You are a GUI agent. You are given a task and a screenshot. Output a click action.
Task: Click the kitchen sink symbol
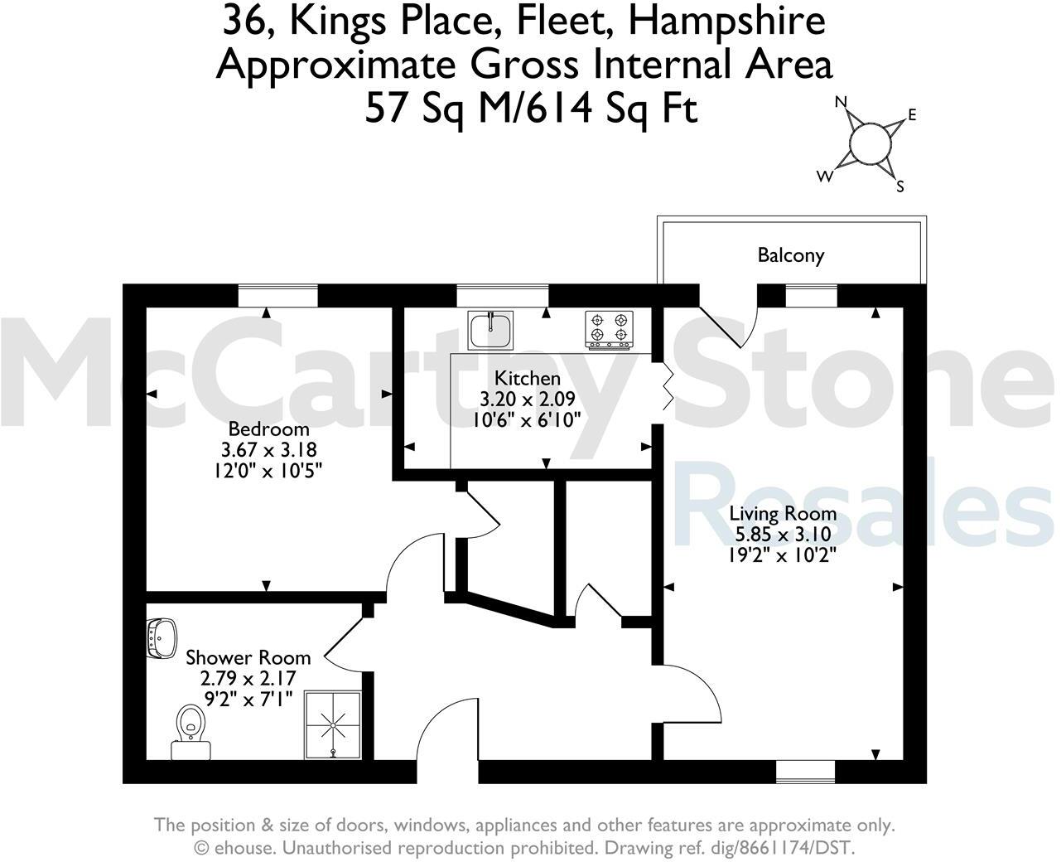click(490, 329)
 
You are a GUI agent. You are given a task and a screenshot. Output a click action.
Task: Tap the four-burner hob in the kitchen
click(610, 327)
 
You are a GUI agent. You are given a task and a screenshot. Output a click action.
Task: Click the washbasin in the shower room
click(162, 637)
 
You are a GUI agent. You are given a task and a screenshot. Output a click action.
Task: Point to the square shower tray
click(334, 725)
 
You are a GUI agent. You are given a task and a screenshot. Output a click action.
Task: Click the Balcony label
click(791, 254)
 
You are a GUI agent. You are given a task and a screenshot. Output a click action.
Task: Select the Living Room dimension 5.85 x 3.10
click(783, 535)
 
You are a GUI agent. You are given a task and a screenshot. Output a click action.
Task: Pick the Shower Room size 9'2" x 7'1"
click(248, 698)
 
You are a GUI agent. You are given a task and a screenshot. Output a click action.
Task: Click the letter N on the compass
click(842, 103)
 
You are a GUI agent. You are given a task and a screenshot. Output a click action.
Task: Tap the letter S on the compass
click(899, 187)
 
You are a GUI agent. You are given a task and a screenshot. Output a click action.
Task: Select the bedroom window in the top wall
click(278, 295)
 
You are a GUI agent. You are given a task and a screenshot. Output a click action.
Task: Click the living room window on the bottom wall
click(805, 772)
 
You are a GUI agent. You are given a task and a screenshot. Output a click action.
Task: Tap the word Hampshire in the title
click(726, 22)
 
